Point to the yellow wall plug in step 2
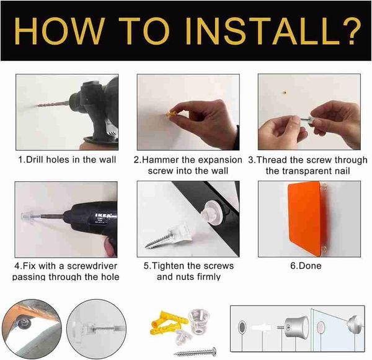172,114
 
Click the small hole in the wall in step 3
285,92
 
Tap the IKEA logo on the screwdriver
103,216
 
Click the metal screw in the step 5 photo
157,241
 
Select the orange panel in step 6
305,218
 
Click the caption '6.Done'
306,266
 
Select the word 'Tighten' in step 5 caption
168,266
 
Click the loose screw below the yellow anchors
195,352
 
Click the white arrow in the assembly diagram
261,328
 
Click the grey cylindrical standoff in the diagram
297,328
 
